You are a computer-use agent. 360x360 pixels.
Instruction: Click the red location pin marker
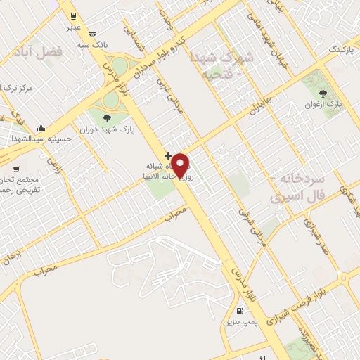[181, 165]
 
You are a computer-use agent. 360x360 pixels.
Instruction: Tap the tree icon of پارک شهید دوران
[107, 117]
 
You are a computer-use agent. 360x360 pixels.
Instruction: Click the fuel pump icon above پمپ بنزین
[241, 311]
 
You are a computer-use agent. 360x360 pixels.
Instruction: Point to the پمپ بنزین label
[241, 323]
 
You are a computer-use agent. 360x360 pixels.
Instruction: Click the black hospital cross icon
[167, 154]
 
